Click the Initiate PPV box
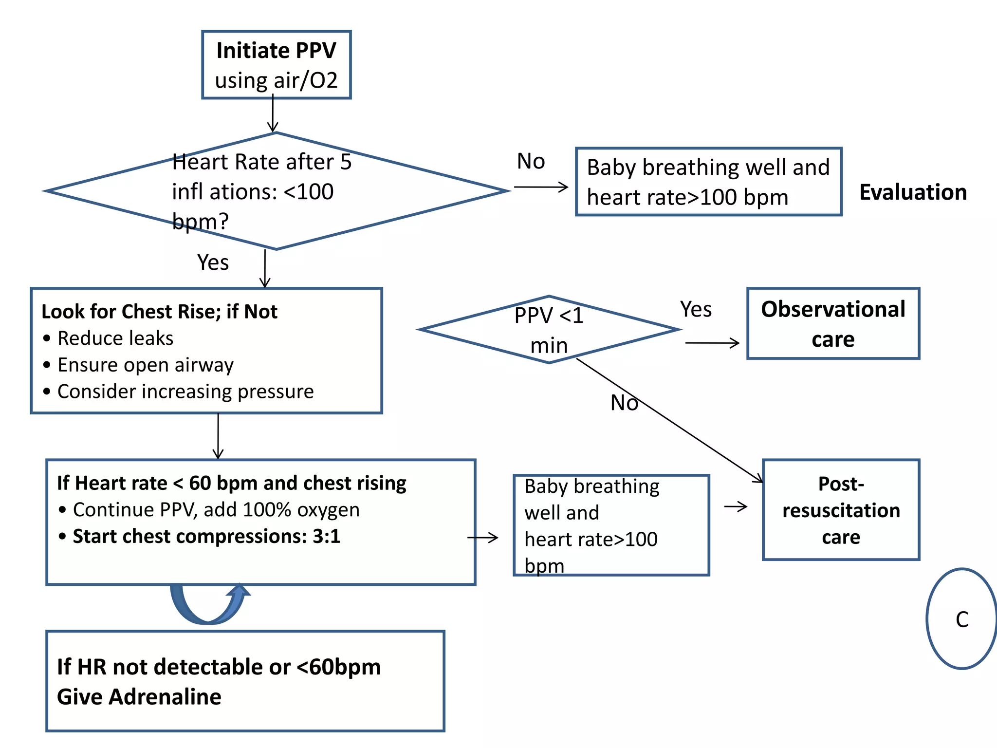point(276,65)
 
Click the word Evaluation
point(913,192)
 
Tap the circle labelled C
point(961,619)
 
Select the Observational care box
point(833,324)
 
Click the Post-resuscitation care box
point(841,510)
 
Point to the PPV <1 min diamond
point(549,330)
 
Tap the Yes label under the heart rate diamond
point(213,262)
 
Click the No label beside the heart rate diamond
point(531,161)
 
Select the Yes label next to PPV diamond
point(696,309)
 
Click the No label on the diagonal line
point(624,403)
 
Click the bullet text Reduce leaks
point(115,338)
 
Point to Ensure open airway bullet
point(145,365)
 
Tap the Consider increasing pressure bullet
point(185,392)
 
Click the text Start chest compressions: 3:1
point(206,536)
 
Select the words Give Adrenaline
point(139,697)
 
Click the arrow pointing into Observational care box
point(712,343)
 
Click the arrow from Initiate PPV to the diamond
point(273,114)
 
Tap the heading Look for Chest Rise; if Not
point(159,312)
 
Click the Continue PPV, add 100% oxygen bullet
point(216,510)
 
